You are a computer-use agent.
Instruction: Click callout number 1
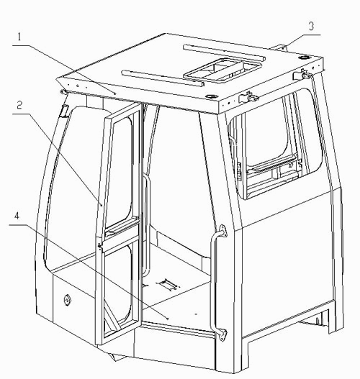pos(19,37)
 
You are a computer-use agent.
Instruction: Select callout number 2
pos(19,105)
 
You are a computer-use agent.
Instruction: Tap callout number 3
pos(311,26)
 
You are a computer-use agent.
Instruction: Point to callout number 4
pos(17,216)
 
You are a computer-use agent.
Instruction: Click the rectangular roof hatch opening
pos(222,69)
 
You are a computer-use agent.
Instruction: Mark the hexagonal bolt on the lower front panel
pos(67,300)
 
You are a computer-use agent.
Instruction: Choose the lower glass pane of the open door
pos(118,288)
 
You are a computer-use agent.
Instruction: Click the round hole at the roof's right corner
pos(305,58)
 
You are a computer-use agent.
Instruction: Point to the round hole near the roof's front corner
pos(211,96)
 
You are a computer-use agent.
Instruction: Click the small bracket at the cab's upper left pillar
pos(64,111)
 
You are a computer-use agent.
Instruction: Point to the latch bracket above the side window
pos(248,98)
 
